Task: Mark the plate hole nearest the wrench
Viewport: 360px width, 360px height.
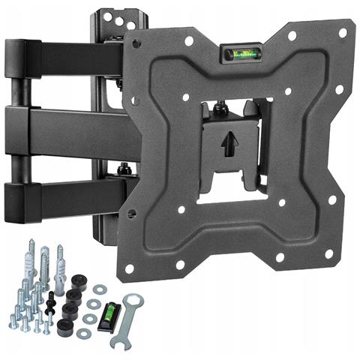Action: pos(130,267)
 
